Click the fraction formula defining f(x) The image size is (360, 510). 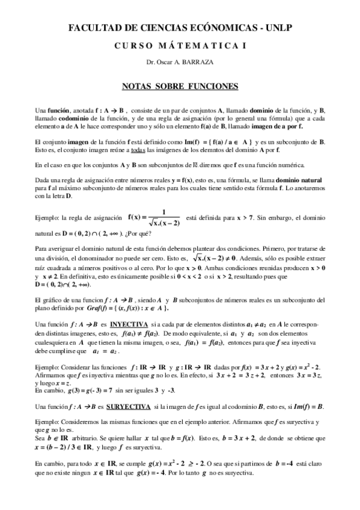pyautogui.click(x=153, y=220)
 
